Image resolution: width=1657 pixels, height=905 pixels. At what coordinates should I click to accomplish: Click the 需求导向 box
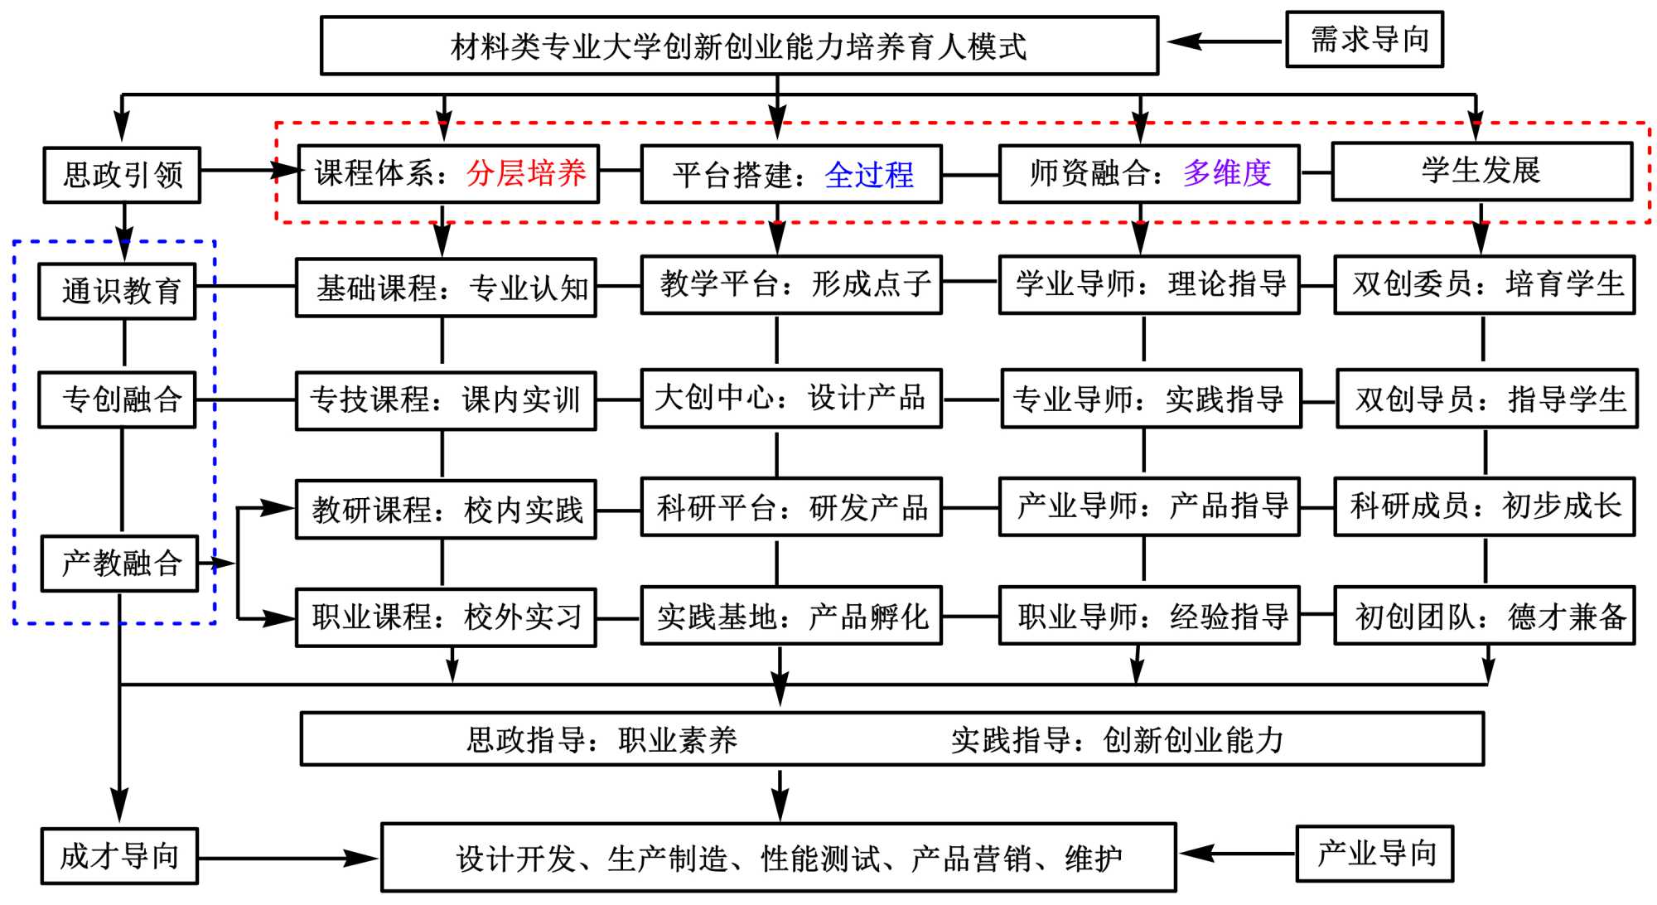coord(1364,39)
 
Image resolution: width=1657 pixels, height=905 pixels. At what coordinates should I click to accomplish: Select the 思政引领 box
coord(122,175)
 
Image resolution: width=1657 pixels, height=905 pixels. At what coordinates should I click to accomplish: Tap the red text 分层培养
coord(526,173)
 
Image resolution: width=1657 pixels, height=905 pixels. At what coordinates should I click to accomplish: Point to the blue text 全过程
coord(869,175)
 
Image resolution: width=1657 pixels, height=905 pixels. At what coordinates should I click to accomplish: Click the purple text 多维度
coord(1227,173)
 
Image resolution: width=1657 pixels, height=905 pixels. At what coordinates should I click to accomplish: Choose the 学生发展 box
coord(1481,171)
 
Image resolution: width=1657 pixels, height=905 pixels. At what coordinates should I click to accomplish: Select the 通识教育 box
coord(117,291)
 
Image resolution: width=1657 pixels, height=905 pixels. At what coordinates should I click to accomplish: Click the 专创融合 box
coord(117,399)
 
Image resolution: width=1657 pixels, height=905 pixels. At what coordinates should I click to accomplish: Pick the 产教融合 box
coord(119,564)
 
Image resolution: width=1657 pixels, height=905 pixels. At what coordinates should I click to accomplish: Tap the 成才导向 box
coord(119,856)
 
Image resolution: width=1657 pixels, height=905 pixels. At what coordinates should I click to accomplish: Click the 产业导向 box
coord(1374,854)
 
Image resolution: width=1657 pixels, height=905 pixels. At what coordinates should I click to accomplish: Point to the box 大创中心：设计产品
coord(790,399)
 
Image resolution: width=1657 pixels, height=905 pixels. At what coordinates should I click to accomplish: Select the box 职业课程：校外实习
coord(446,617)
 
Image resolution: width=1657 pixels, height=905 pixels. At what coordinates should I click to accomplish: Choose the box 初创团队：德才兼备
coord(1484,616)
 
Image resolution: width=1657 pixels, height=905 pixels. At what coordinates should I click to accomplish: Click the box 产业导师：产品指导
coord(1148,506)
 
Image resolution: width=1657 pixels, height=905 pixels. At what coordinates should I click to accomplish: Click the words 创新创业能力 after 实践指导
coord(1193,740)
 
